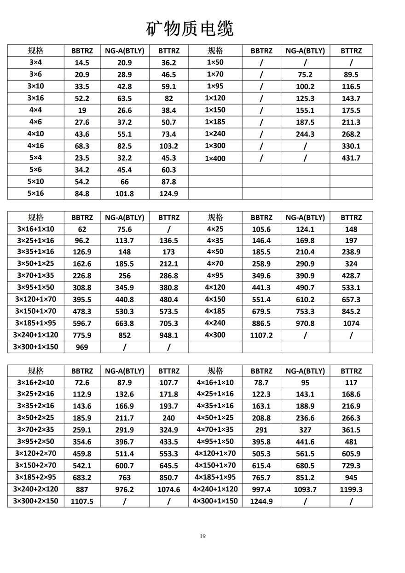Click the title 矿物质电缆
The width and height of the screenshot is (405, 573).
tap(190, 29)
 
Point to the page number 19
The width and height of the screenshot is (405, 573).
tap(202, 536)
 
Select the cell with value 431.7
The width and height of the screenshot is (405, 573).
tap(351, 158)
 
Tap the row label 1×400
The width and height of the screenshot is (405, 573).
tap(215, 158)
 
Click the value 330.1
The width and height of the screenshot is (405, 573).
tap(351, 146)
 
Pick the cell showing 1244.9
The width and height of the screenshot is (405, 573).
tap(261, 501)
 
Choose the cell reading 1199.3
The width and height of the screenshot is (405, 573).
tap(351, 489)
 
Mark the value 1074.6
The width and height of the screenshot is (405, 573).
tap(168, 489)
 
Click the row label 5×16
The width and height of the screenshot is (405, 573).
tap(35, 193)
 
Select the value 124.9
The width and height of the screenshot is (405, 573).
tap(168, 194)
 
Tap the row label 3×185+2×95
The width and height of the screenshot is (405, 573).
tap(35, 477)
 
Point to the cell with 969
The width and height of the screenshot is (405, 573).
tap(82, 347)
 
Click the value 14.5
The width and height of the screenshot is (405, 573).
tap(82, 63)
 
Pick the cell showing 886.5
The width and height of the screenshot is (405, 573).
tap(261, 323)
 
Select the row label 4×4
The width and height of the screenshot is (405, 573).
tap(35, 110)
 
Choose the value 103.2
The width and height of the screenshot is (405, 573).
tap(168, 146)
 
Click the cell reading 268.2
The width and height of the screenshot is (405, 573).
tap(351, 134)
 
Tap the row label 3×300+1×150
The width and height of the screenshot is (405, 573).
tap(35, 347)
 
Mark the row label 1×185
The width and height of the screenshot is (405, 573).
tap(215, 122)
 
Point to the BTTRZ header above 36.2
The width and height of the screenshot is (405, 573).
tap(168, 51)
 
